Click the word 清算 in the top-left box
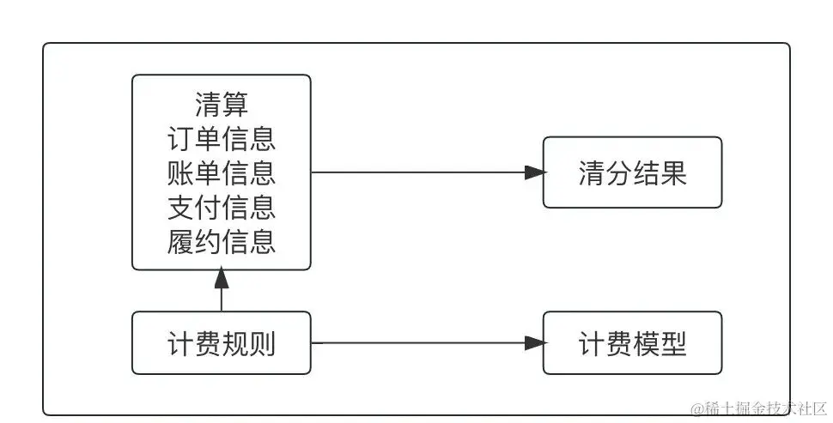coord(222,105)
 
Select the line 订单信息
coord(222,139)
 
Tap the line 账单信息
coord(222,173)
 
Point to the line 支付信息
coord(222,208)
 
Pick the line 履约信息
coord(222,242)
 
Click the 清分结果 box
coord(632,173)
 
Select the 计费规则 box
coord(222,343)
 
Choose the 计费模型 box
coord(632,343)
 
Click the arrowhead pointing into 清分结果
coord(535,172)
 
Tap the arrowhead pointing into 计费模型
coord(535,343)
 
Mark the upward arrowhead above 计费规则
coord(222,278)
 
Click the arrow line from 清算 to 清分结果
coord(421,172)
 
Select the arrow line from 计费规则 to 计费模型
coord(421,343)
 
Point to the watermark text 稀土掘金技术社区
coord(759,408)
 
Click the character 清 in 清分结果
coord(592,173)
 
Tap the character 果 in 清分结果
coord(673,173)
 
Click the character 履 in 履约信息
coord(180,242)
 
